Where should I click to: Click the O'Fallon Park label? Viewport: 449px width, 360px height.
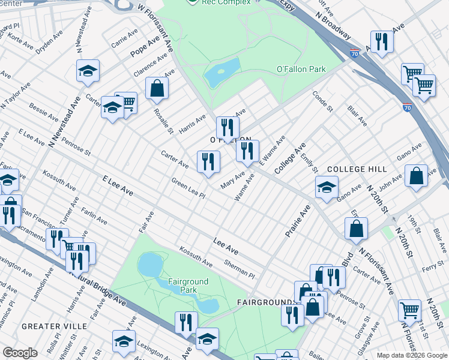tap(301, 70)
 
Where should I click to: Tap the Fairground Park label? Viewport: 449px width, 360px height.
tap(188, 286)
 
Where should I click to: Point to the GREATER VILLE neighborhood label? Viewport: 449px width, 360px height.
tap(54, 326)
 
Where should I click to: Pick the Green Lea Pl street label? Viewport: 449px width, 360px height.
tap(188, 188)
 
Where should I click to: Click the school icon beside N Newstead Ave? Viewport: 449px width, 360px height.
tap(88, 71)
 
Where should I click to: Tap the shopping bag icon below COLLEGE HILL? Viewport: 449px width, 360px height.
tap(416, 176)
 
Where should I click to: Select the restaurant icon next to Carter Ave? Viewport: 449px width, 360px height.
tap(208, 162)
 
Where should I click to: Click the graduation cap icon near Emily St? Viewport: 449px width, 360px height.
tap(327, 188)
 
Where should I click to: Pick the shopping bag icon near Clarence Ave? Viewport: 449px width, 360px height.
tap(157, 89)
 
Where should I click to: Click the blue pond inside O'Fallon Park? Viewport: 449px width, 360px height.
tap(221, 73)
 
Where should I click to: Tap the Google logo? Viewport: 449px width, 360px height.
tap(20, 353)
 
